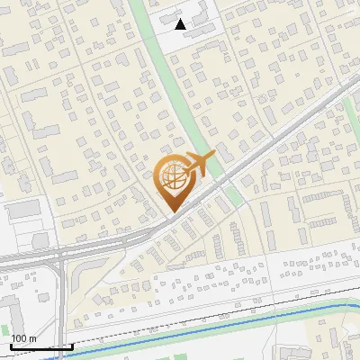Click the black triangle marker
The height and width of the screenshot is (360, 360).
click(181, 24)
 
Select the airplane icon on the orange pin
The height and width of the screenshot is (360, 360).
click(198, 165)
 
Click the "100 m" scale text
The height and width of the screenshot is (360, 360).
click(23, 338)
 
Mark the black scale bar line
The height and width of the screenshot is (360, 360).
click(40, 346)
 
